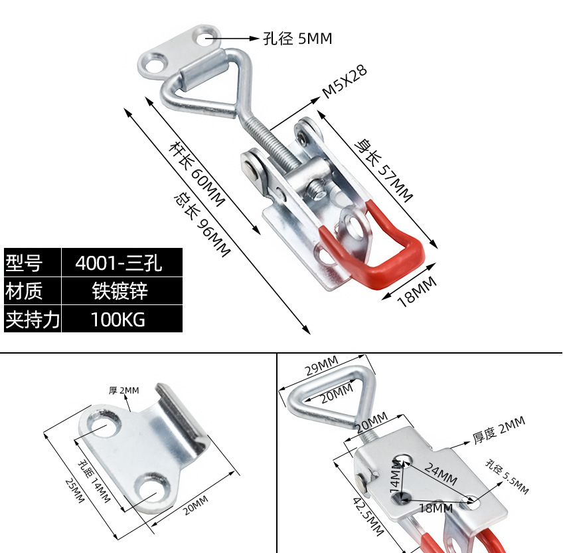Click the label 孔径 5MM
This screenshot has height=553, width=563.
click(297, 39)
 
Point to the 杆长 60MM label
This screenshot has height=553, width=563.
click(197, 173)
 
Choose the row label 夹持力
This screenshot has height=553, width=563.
click(32, 319)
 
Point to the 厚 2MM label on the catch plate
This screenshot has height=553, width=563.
click(124, 390)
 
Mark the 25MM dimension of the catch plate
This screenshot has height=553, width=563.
click(75, 491)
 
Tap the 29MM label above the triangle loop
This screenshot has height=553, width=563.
click(321, 365)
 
